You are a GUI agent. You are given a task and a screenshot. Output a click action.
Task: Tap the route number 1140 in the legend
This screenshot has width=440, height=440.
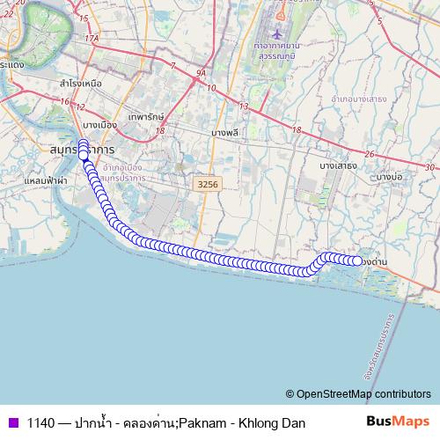point(41,422)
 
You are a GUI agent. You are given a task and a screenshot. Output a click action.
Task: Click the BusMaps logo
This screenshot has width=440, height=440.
point(398,422)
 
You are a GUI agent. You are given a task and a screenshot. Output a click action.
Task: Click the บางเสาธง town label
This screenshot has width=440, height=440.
point(337,165)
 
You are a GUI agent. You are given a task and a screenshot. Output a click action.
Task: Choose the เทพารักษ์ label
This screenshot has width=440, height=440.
point(146,116)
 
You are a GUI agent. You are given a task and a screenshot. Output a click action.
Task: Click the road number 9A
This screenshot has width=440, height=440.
point(201,74)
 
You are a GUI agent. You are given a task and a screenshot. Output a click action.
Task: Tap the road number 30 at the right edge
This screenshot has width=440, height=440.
point(429,166)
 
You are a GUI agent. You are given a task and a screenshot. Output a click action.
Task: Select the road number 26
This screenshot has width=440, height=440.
point(370,154)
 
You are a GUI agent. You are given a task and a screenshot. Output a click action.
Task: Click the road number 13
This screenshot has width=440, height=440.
point(243,106)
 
